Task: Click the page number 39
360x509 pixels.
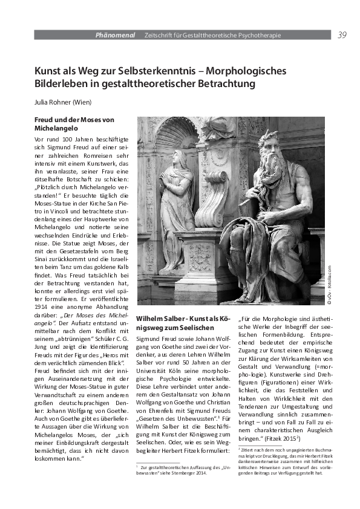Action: pyautogui.click(x=342, y=35)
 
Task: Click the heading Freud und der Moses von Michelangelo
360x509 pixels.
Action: pyautogui.click(x=74, y=125)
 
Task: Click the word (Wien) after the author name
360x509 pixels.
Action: pyautogui.click(x=88, y=102)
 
